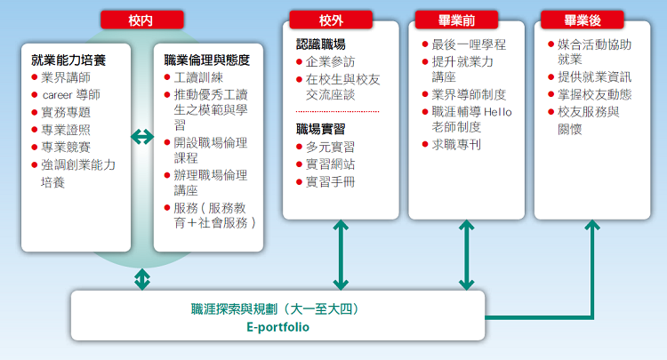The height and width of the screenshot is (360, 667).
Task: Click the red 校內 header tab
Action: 142,20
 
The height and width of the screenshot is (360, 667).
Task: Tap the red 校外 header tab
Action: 331,20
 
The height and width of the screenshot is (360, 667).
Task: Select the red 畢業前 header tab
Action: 456,20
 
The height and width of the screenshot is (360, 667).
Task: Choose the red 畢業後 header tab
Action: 583,20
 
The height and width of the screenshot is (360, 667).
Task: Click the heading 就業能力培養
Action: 68,60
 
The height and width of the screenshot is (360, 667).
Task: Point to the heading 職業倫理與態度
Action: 206,60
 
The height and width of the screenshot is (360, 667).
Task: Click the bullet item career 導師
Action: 70,95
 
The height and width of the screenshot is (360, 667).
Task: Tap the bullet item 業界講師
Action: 66,77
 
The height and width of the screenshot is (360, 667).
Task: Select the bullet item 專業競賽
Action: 66,147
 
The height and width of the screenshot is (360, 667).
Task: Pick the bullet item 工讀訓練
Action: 198,77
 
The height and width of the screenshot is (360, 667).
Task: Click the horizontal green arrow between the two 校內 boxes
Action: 142,137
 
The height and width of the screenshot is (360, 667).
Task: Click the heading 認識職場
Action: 321,44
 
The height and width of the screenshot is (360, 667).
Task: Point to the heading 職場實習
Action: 321,129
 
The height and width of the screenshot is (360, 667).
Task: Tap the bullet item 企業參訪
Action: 330,62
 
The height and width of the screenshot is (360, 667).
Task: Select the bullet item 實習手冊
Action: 330,182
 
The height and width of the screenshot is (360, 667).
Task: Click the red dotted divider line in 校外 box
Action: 337,111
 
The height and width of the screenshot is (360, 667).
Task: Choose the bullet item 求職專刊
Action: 456,145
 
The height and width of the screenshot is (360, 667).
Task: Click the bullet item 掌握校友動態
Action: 595,94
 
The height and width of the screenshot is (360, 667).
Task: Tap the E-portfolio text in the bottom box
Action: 277,327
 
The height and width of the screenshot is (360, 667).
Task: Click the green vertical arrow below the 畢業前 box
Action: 467,255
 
